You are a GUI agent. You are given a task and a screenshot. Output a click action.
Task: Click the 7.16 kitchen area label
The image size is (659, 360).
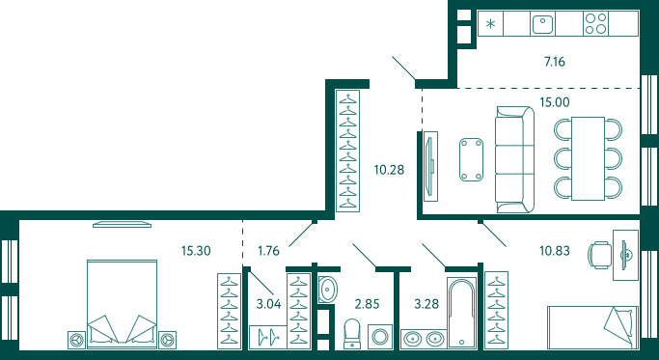pyautogui.click(x=555, y=62)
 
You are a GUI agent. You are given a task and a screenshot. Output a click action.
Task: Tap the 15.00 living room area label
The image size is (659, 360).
pyautogui.click(x=555, y=102)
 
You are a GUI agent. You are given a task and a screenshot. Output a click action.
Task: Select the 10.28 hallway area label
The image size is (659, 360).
pyautogui.click(x=389, y=170)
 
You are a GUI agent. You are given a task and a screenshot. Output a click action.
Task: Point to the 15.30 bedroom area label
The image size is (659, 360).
pyautogui.click(x=196, y=251)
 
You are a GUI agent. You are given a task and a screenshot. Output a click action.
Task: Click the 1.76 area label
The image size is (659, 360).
pyautogui.click(x=268, y=251)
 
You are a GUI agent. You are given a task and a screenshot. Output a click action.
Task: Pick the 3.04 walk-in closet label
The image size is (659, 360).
pyautogui.click(x=268, y=304)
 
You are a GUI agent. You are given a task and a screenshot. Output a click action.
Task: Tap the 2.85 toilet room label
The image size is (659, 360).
pyautogui.click(x=367, y=304)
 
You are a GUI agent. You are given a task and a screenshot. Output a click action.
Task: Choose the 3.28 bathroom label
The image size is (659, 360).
pyautogui.click(x=426, y=304)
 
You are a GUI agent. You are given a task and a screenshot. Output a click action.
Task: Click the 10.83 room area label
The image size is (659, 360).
pyautogui.click(x=555, y=251)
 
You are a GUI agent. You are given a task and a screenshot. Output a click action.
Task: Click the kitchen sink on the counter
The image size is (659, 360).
pyautogui.click(x=542, y=23)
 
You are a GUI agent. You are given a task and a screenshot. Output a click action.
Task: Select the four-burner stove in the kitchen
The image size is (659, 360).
pyautogui.click(x=596, y=23)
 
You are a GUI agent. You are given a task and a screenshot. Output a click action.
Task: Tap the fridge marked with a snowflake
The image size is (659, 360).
pyautogui.click(x=490, y=23)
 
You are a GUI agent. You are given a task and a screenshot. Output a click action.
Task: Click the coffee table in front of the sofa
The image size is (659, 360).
pyautogui.click(x=471, y=160)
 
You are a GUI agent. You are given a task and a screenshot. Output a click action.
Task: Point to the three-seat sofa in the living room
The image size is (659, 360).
pyautogui.click(x=515, y=159)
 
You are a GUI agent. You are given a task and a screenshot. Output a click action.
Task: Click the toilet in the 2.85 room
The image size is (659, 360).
pyautogui.click(x=352, y=334)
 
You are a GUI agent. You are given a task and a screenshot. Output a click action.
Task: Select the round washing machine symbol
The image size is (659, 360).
pyautogui.click(x=380, y=337)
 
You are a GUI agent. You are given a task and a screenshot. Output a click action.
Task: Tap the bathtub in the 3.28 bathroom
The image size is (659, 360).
pyautogui.click(x=461, y=313)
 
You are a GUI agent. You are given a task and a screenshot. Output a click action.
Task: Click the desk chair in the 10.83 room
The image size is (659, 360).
pyautogui.click(x=600, y=255)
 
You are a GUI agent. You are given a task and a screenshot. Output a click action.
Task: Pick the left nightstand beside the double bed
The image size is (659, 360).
pyautogui.click(x=76, y=340)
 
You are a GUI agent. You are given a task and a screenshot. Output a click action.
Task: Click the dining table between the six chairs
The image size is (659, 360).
pyautogui.click(x=588, y=158)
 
